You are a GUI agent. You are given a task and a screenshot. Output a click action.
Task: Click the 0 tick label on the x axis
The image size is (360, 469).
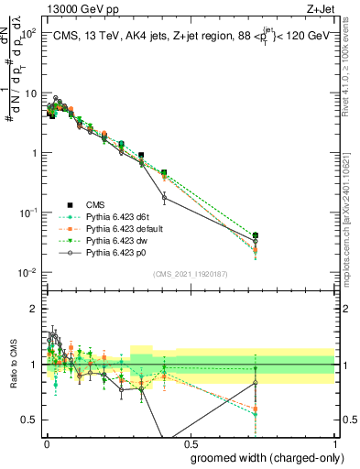click(45, 443)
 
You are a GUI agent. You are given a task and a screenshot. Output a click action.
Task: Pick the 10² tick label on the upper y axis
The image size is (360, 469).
click(29, 33)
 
